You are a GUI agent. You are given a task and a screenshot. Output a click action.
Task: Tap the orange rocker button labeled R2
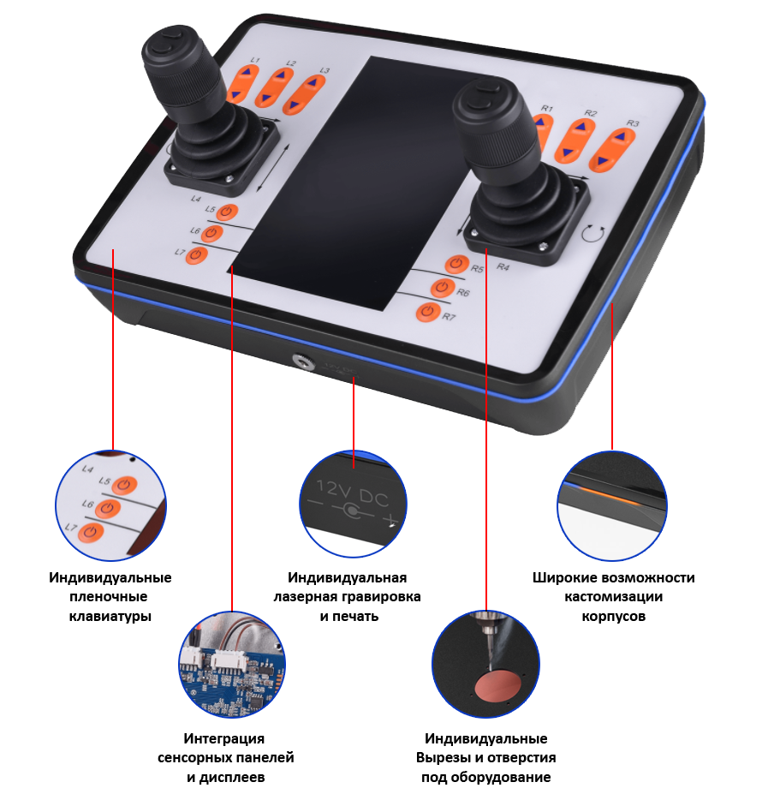point(575,140)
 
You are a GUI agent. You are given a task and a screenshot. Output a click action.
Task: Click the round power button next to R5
point(456,265)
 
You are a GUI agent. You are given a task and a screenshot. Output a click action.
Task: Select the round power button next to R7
point(427,313)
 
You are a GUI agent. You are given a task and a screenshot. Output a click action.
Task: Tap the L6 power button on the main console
point(211,233)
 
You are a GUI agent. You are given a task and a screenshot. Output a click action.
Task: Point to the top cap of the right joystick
point(482,97)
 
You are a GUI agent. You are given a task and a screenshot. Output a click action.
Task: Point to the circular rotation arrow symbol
point(592,233)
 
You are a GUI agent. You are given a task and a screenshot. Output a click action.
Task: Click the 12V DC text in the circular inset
point(353,493)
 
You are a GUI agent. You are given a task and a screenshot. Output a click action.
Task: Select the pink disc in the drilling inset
point(498,686)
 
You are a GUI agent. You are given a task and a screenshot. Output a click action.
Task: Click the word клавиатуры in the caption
point(110,617)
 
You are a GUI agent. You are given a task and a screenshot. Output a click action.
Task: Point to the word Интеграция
point(224,738)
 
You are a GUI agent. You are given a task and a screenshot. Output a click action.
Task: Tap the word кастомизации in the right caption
point(613,596)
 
